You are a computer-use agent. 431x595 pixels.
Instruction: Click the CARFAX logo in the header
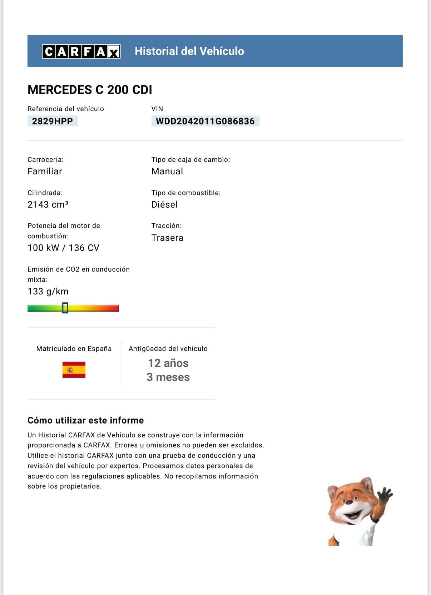pos(81,51)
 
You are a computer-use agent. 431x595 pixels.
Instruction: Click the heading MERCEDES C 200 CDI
pos(90,90)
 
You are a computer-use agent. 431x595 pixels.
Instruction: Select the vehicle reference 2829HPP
pos(53,121)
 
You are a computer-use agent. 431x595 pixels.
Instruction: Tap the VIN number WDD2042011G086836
pos(205,121)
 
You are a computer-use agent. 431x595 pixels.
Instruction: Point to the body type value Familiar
pos(45,172)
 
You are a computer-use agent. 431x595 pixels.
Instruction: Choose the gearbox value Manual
pos(167,172)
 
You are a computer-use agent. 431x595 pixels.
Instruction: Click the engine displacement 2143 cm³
pos(48,204)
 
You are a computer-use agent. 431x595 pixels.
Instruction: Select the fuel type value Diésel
pos(164,204)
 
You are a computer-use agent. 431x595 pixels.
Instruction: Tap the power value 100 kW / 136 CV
pos(63,248)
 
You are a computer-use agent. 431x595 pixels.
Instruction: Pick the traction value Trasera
pos(167,238)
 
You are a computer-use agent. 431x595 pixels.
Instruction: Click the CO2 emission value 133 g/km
pos(48,292)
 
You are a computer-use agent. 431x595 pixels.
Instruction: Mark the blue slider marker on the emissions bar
pos(65,308)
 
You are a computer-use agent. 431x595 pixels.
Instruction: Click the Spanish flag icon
pos(74,370)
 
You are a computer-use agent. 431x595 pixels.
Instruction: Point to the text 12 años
pos(168,363)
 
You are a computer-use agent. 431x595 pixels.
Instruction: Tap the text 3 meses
pos(168,377)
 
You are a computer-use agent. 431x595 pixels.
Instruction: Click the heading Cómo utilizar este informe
pos(86,421)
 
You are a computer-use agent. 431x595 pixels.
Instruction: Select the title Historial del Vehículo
pos(189,51)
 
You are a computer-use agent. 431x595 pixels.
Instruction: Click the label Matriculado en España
pos(74,349)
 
